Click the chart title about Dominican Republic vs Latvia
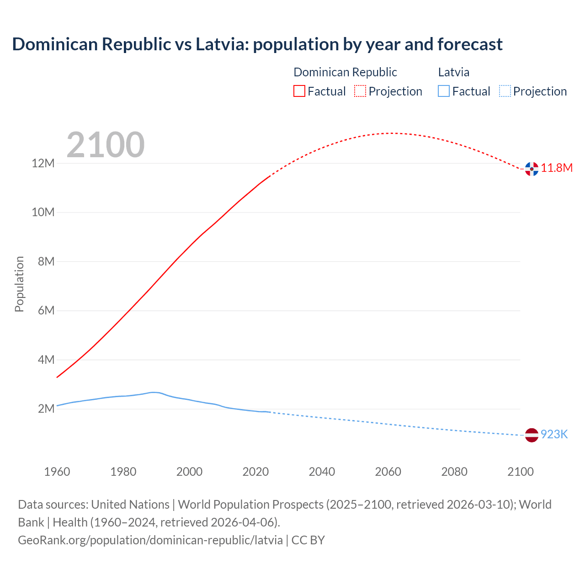[x=257, y=44]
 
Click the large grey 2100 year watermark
[x=106, y=145]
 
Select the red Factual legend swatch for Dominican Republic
[x=299, y=91]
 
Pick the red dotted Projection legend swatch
[x=360, y=91]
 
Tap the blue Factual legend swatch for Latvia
[x=443, y=91]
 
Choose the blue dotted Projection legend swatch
[x=505, y=91]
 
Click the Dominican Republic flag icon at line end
[x=532, y=169]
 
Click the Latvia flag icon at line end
[x=532, y=435]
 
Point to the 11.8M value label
[x=557, y=168]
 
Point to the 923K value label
[x=554, y=434]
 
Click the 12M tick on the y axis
[x=43, y=163]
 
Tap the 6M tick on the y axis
[x=46, y=311]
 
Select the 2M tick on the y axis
[x=46, y=409]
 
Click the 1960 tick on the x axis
[x=57, y=472]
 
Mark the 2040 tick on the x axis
[x=322, y=472]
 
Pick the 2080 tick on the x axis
[x=454, y=472]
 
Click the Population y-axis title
[x=19, y=284]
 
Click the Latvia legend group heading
[x=453, y=72]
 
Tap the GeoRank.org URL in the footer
[x=150, y=540]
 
